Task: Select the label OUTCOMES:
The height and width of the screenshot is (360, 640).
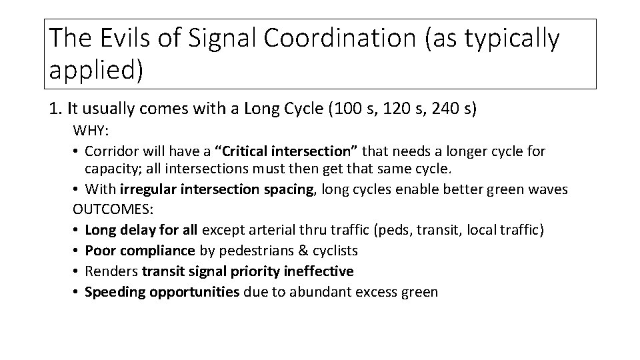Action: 113,210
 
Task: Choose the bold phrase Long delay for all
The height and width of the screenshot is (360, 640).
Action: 142,230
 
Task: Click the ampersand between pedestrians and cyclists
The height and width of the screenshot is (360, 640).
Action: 299,251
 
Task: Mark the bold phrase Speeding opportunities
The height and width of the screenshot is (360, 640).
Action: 163,291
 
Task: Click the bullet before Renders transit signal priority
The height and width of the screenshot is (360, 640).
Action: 77,271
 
